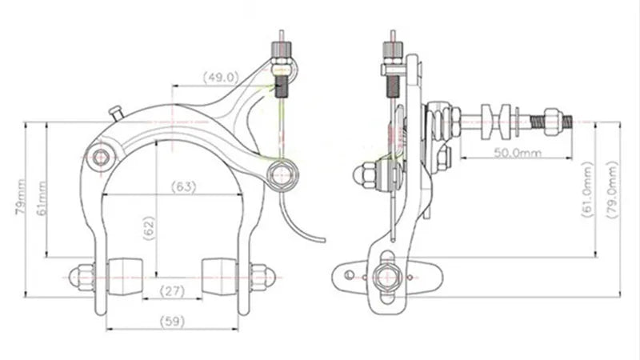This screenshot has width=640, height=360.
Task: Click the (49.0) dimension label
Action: click(x=221, y=78)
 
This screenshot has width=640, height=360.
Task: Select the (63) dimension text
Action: click(x=184, y=187)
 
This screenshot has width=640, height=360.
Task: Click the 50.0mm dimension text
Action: click(x=517, y=151)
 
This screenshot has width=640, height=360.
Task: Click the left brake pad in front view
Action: click(x=125, y=274)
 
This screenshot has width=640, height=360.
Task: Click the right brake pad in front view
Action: click(x=221, y=274)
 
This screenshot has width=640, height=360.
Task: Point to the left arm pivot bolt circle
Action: click(x=100, y=157)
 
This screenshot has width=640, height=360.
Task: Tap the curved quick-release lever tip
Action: click(x=318, y=238)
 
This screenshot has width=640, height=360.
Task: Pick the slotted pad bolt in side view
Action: click(x=386, y=276)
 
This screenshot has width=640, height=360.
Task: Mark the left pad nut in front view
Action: click(x=80, y=277)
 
